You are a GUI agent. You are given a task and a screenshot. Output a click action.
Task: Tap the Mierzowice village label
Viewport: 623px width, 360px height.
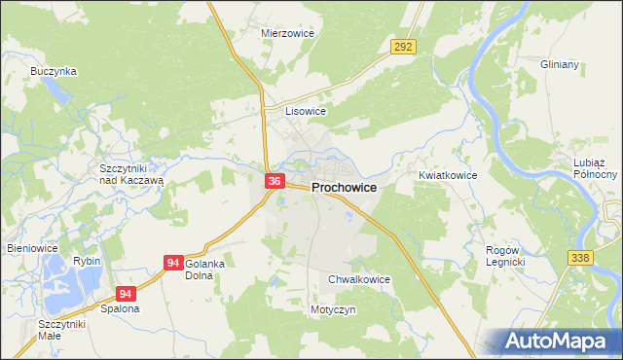coord(285,32)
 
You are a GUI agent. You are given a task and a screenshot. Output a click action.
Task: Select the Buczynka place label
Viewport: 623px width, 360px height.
coord(54,71)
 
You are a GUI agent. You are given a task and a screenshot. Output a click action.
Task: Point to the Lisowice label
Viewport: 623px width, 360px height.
coord(305,111)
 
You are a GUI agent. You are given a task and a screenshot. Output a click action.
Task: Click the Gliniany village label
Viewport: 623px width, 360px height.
coord(560,64)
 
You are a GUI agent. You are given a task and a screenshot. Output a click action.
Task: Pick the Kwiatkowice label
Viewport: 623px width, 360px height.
coord(447,175)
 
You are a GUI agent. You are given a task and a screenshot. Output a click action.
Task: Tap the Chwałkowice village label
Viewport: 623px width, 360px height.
coord(358,279)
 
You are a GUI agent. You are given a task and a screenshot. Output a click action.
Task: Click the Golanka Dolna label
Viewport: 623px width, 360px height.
coord(204,270)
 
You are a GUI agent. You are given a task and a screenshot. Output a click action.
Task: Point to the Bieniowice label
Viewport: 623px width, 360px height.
coord(32,248)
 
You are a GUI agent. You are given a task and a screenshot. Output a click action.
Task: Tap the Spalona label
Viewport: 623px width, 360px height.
coord(120,308)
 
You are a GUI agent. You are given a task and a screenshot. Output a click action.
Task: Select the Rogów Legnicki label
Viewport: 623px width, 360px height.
coord(505,256)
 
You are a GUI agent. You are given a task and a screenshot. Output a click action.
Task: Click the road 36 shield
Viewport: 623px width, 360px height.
coord(275,181)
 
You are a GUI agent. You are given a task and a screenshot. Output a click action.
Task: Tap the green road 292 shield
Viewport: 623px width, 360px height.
coord(404,46)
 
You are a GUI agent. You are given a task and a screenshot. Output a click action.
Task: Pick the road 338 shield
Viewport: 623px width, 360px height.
coord(580,255)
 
